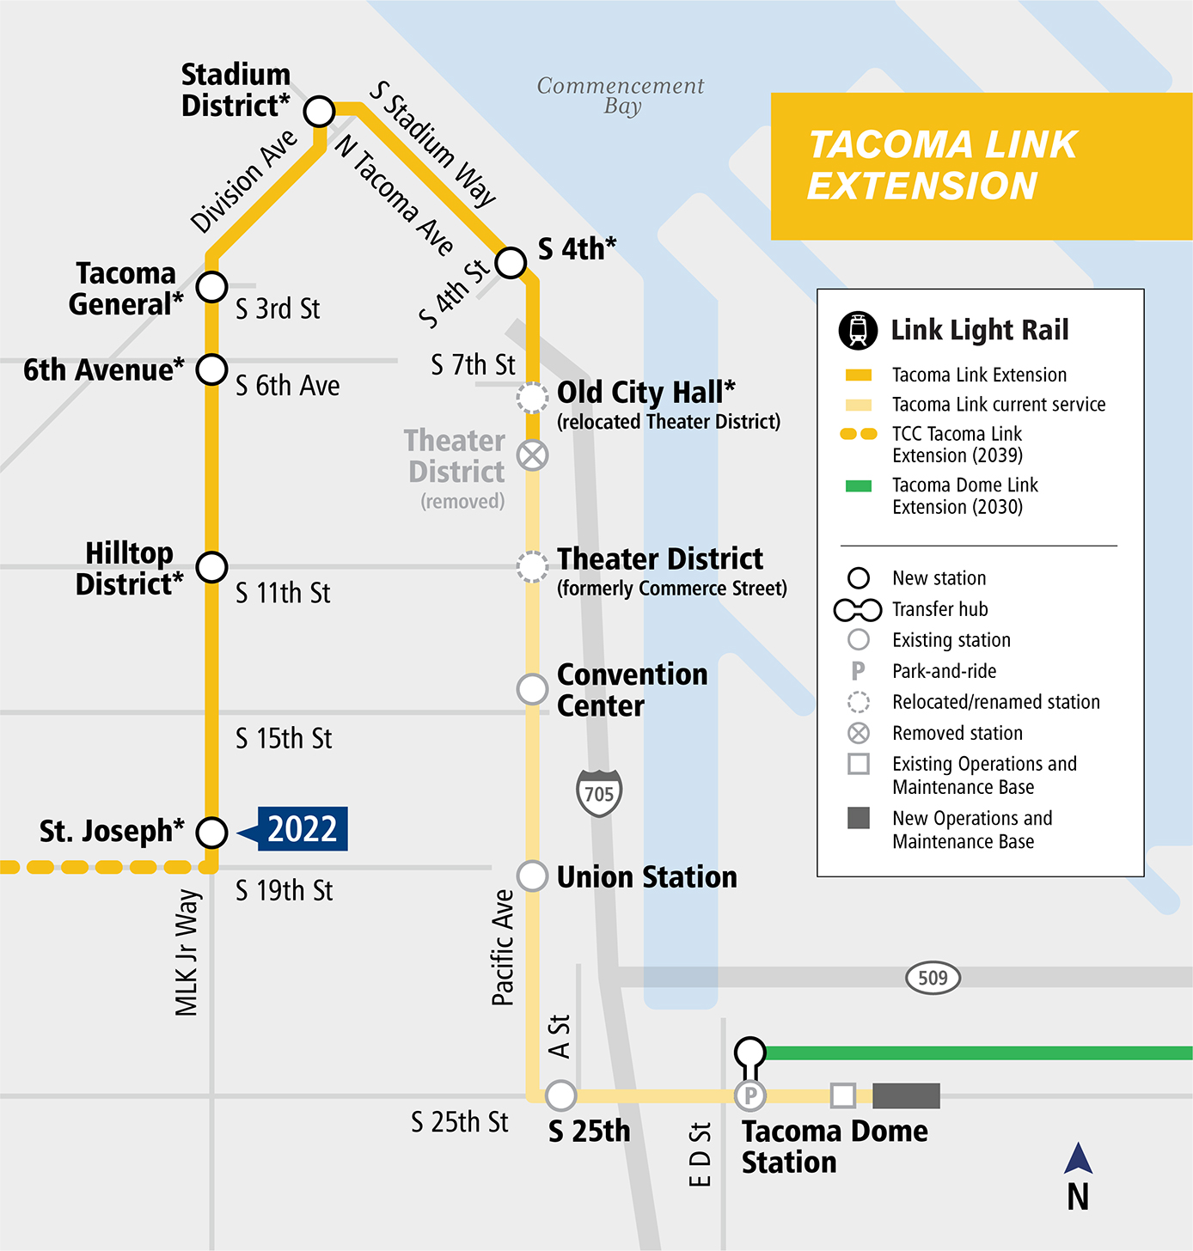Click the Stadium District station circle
point(319,111)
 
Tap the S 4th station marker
point(511,262)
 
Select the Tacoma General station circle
point(211,287)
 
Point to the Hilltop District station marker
point(211,567)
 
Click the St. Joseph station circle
point(211,832)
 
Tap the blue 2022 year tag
point(302,829)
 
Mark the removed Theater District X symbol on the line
point(533,455)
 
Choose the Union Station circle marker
point(533,876)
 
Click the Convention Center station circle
point(533,689)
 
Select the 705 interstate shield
point(599,793)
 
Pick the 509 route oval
point(933,978)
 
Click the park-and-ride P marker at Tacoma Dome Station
point(750,1095)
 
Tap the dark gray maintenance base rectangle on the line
point(906,1095)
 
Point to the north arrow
point(1078,1160)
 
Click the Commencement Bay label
point(621,95)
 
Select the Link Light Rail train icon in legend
point(858,330)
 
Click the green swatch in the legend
point(859,486)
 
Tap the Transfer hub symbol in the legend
point(858,610)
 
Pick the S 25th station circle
point(560,1095)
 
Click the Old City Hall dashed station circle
point(533,398)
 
